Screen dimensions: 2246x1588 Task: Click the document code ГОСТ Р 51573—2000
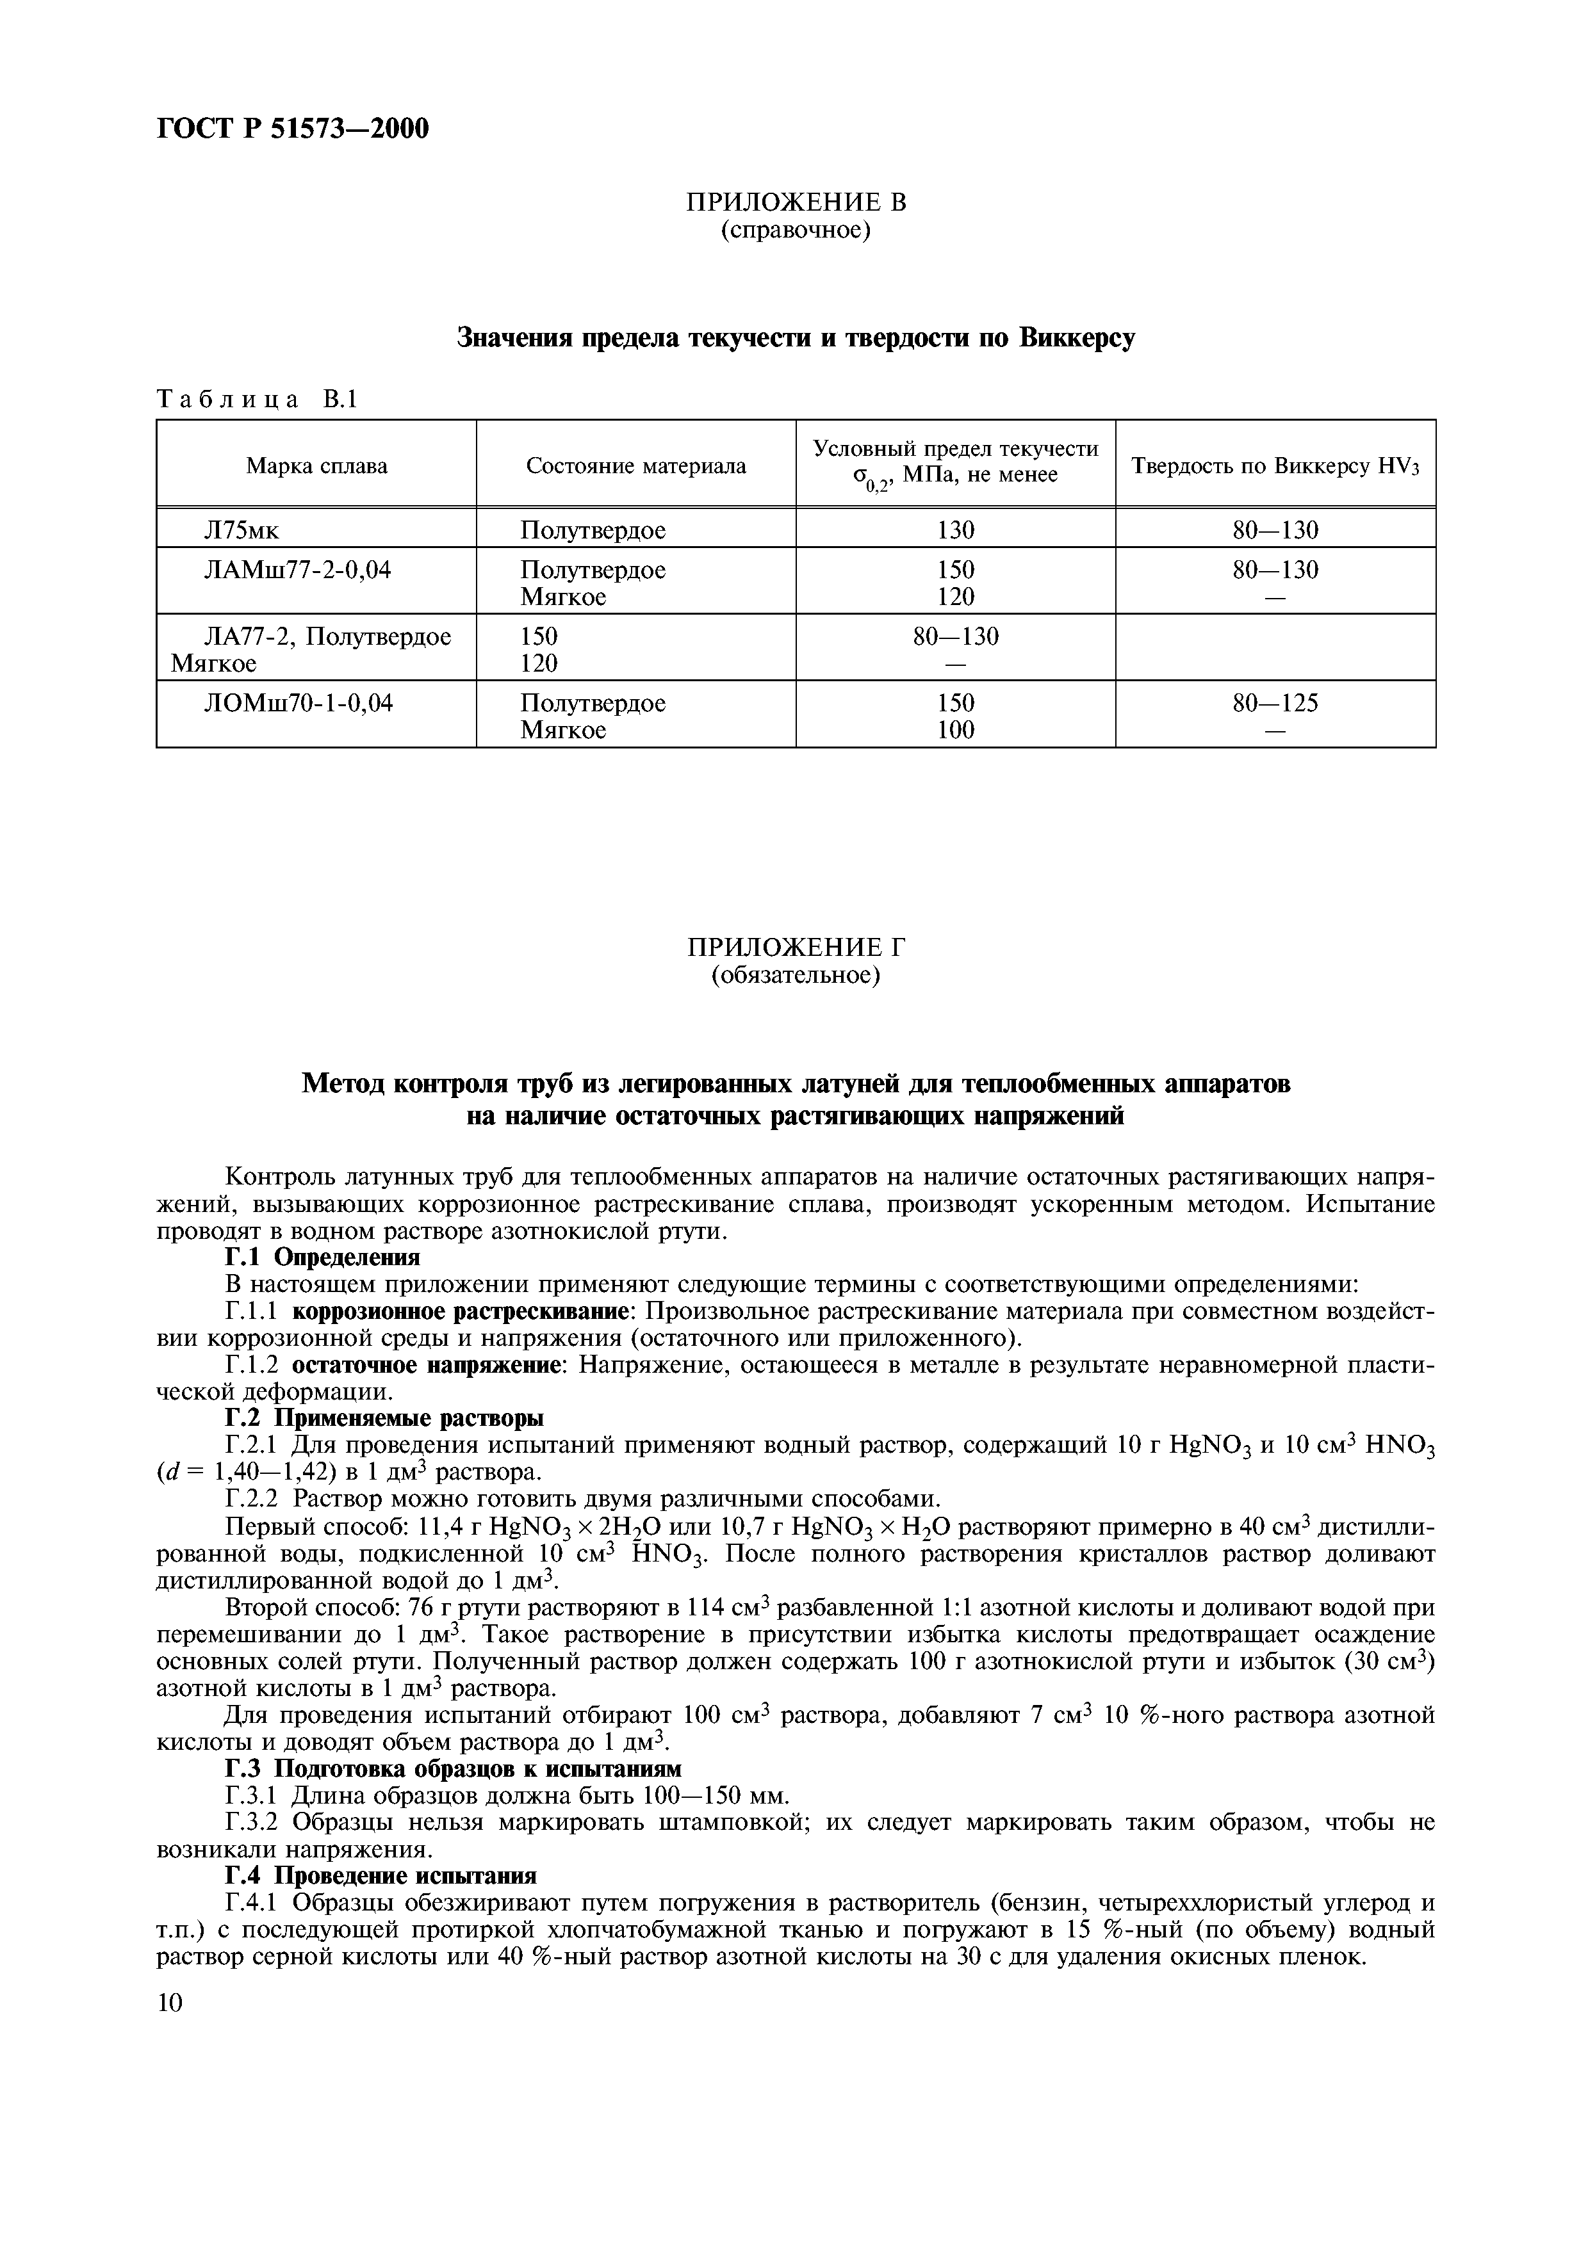pos(293,128)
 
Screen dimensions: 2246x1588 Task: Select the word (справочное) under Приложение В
pos(796,231)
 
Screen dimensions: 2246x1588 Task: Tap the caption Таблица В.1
pos(258,399)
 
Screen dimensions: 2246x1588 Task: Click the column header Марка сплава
pos(316,465)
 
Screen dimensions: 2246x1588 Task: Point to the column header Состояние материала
pos(636,465)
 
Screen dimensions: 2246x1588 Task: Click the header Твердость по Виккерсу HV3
pos(1275,465)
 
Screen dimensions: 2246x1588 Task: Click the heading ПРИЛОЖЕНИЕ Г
pos(796,947)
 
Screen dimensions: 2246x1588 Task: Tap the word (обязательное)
pos(796,975)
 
